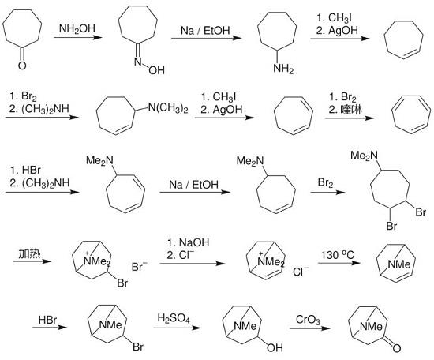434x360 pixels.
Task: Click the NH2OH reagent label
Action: [77, 28]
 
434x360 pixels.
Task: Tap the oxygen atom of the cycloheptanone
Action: [22, 66]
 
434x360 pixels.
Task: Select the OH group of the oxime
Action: [157, 70]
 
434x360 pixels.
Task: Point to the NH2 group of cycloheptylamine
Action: [283, 69]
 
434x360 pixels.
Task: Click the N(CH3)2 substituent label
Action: [168, 108]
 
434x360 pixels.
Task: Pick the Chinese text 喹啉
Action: [351, 110]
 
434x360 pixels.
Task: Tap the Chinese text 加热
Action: [30, 253]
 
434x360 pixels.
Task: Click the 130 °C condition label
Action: [338, 255]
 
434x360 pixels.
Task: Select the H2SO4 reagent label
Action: [174, 318]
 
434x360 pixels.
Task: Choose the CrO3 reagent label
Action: [308, 320]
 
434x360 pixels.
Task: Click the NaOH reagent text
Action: [194, 242]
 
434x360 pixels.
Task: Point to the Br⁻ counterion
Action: [139, 267]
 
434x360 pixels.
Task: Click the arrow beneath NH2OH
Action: [78, 37]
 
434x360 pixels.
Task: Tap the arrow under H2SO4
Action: [178, 328]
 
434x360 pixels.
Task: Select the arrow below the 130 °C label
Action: [339, 263]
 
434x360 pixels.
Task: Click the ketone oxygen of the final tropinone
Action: [396, 348]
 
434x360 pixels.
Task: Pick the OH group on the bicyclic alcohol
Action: [275, 347]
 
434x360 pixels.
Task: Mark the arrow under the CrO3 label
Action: [310, 328]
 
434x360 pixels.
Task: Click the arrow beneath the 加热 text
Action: [32, 261]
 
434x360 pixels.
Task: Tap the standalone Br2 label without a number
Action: [325, 183]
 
